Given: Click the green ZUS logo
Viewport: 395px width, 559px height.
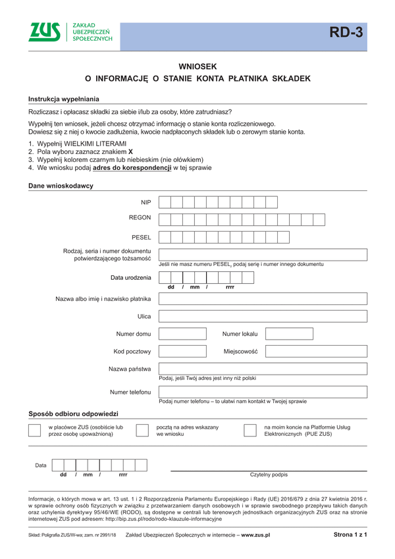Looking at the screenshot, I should pyautogui.click(x=44, y=32).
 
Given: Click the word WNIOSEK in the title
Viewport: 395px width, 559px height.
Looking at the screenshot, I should pyautogui.click(x=197, y=67).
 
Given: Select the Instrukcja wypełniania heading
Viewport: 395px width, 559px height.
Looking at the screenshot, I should pyautogui.click(x=64, y=99).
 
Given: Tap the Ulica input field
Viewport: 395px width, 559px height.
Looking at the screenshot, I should pyautogui.click(x=263, y=316).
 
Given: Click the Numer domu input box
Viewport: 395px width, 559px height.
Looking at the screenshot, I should pyautogui.click(x=182, y=334).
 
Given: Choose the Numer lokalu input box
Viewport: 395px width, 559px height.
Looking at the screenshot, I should pyautogui.click(x=289, y=334).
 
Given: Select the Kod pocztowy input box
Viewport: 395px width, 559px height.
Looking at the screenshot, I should pyautogui.click(x=182, y=352).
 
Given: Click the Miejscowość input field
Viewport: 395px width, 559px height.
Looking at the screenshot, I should pyautogui.click(x=289, y=352).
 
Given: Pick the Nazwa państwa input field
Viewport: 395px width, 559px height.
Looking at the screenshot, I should pyautogui.click(x=263, y=369).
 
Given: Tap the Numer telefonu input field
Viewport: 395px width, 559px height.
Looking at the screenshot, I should pyautogui.click(x=263, y=392).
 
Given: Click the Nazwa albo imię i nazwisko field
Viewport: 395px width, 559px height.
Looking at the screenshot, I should pyautogui.click(x=263, y=299).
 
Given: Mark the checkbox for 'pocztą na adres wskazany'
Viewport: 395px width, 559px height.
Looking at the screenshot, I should pyautogui.click(x=142, y=431).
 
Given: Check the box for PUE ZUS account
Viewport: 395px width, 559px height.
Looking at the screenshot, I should pyautogui.click(x=250, y=431).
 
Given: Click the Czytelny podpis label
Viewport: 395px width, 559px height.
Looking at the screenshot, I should pyautogui.click(x=269, y=475).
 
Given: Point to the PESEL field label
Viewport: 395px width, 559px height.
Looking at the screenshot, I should pyautogui.click(x=142, y=237).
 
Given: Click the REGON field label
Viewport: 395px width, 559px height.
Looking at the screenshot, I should pyautogui.click(x=140, y=217).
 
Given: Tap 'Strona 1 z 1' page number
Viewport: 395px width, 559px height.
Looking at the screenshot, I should pyautogui.click(x=350, y=535).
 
